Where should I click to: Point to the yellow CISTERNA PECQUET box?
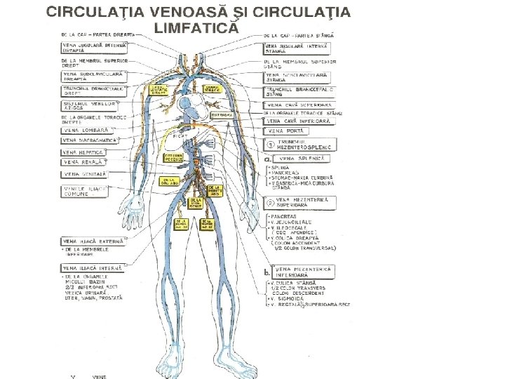174,157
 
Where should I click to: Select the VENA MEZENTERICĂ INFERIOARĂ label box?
304,272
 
